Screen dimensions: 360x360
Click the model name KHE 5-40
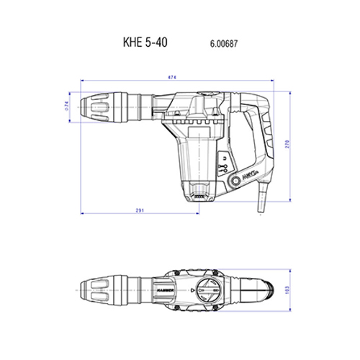143,42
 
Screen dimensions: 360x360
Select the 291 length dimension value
140,211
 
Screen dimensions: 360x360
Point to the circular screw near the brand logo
232,182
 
